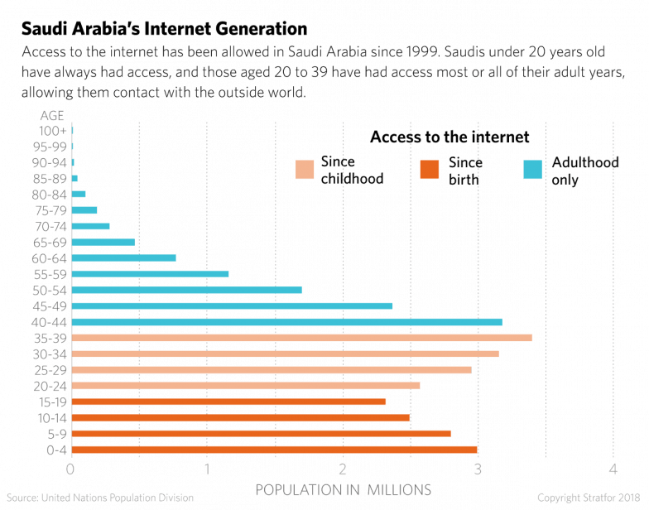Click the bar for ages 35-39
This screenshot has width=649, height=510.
(x=302, y=338)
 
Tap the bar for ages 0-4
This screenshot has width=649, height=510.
(x=275, y=450)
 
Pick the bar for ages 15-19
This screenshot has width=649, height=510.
(x=229, y=402)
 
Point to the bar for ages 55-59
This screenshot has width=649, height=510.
(x=151, y=273)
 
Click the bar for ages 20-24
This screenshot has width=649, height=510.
(x=247, y=386)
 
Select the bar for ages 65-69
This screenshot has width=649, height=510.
(x=103, y=242)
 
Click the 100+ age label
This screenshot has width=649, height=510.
(x=54, y=130)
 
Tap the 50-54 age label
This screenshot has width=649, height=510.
(x=51, y=290)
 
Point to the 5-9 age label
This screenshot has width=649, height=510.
(x=57, y=434)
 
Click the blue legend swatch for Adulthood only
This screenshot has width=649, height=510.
(x=534, y=169)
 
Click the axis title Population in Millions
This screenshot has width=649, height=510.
(x=343, y=489)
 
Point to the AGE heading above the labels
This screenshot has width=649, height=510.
(x=52, y=114)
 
